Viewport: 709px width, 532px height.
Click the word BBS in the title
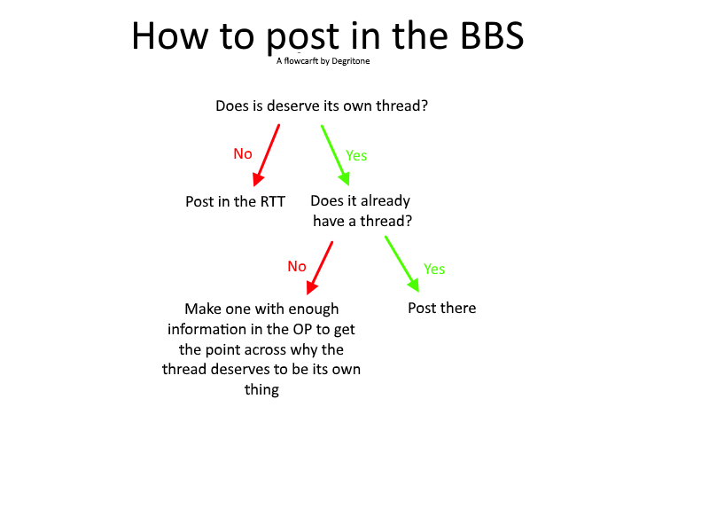(492, 35)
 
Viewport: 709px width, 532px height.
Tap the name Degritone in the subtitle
(350, 61)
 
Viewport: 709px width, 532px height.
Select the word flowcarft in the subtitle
(300, 60)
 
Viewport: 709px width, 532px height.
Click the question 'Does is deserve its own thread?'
(322, 106)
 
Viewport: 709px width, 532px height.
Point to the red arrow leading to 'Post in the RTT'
(267, 156)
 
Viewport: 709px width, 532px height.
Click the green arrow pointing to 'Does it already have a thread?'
(335, 155)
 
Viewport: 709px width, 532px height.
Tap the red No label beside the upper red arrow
(242, 153)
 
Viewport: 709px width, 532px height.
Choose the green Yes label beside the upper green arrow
(356, 156)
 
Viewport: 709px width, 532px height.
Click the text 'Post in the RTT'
(235, 201)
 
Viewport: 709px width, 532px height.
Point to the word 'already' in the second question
(386, 201)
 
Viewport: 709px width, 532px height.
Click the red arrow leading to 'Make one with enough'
(320, 269)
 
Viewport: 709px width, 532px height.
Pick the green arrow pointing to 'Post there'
(402, 263)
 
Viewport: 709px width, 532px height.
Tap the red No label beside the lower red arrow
(297, 267)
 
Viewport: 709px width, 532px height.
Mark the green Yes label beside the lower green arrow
(434, 270)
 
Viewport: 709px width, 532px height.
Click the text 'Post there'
(441, 308)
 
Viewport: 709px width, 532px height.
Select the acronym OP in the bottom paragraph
(302, 329)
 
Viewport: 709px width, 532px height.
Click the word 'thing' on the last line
(261, 390)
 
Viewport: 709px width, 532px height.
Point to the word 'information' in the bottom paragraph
(206, 329)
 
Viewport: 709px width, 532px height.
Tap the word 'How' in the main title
(169, 35)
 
